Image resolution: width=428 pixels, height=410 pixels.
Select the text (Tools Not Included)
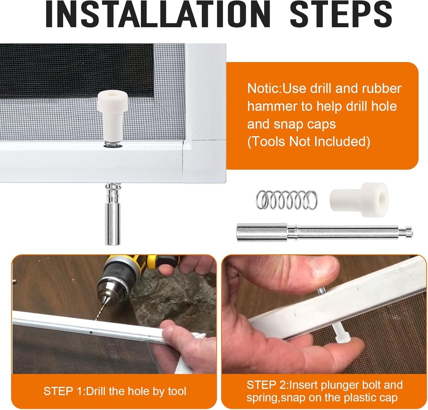(x=308, y=142)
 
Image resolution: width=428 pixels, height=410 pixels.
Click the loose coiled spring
(x=286, y=200)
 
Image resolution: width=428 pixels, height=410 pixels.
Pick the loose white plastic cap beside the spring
(x=359, y=200)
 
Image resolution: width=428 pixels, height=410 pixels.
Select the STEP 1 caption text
(x=115, y=391)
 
